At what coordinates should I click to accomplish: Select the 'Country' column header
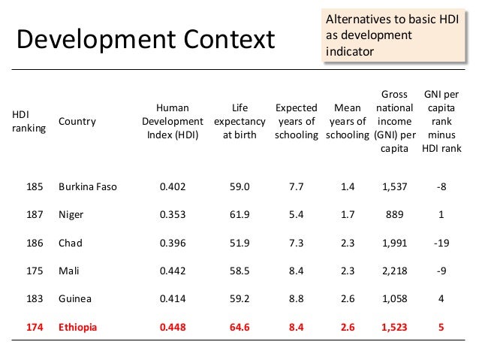click(x=77, y=122)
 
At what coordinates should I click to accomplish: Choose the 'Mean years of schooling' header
click(x=347, y=122)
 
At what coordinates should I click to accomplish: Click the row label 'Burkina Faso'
click(x=88, y=186)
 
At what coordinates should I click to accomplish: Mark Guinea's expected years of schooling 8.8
click(x=297, y=299)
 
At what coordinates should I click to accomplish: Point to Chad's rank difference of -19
click(x=442, y=243)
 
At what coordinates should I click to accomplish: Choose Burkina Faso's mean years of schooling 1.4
click(x=347, y=186)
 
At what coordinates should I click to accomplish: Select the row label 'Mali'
click(x=68, y=271)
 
